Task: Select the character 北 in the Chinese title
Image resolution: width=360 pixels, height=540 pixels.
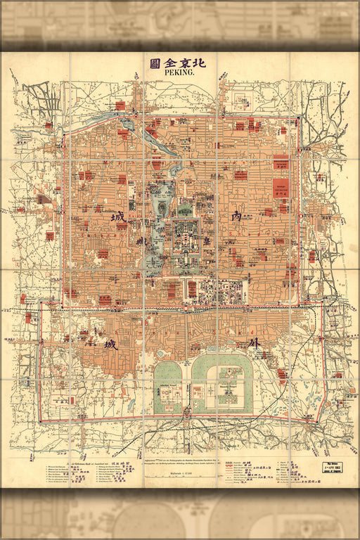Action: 198,63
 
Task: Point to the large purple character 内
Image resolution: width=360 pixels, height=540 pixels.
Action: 236,217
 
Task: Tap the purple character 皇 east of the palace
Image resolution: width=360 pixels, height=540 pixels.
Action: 207,240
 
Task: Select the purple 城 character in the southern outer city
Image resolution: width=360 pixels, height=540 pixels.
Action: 111,345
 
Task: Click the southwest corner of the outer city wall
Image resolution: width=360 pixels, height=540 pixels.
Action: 39,420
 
